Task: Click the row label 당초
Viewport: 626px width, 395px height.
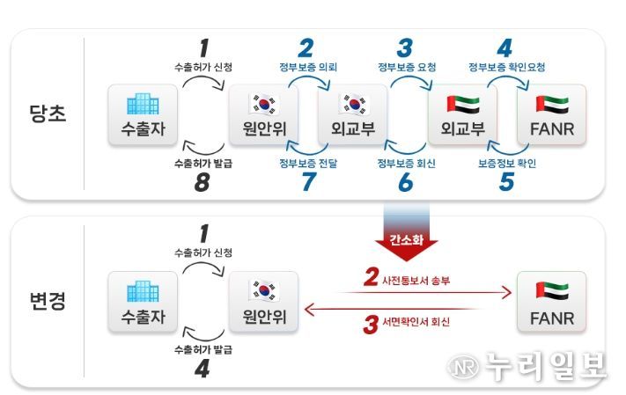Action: coord(48,113)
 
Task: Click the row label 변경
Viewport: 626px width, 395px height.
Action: coord(48,301)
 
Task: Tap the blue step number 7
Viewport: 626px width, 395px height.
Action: coord(309,182)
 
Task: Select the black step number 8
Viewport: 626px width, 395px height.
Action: coord(202,182)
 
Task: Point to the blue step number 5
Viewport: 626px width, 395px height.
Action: coord(506,182)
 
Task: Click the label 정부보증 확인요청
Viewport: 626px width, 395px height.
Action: coord(506,67)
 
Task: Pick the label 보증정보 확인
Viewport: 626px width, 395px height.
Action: coord(507,163)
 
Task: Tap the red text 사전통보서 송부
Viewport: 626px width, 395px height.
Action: coord(416,281)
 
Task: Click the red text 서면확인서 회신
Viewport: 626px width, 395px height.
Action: coord(416,322)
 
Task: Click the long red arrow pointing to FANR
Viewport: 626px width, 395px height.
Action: coord(425,292)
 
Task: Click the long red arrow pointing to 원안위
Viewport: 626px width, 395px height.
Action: coord(391,309)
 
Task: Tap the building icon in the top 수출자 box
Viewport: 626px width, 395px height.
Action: coord(143,104)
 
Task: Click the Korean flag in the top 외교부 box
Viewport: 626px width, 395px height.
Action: coord(354,104)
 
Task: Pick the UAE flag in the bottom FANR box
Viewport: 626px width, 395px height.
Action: coord(553,291)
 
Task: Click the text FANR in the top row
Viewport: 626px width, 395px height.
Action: coord(552,128)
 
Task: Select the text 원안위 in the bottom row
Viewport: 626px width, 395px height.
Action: coord(264,317)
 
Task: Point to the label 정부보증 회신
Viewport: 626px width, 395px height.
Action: coord(407,163)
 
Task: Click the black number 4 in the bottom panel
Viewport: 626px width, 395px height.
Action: coord(203,369)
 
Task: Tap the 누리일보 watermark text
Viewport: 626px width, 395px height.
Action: coord(545,365)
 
